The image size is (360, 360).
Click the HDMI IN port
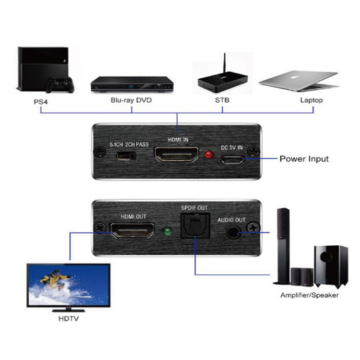click(x=176, y=155)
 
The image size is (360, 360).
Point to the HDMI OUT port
click(x=133, y=231)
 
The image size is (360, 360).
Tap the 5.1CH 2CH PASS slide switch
click(x=127, y=156)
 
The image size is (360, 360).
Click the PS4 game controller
click(x=60, y=85)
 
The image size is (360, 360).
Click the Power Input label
click(x=304, y=159)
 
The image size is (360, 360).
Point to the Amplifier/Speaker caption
click(x=309, y=295)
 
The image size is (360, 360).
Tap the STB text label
click(x=222, y=100)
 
